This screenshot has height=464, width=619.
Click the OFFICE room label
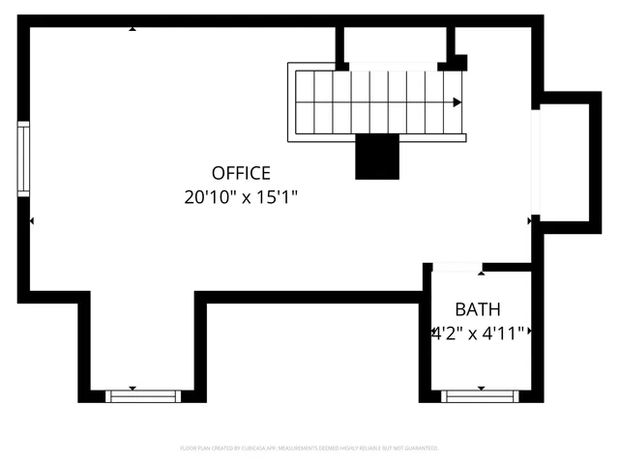(241, 174)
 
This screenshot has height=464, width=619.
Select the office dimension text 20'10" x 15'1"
(241, 197)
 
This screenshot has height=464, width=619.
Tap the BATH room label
(478, 310)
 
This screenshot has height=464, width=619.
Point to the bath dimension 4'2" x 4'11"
(478, 333)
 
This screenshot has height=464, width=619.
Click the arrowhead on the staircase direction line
(457, 101)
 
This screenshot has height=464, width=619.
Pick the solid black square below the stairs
(377, 157)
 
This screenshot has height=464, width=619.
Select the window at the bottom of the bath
(479, 395)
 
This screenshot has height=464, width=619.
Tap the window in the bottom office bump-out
(142, 395)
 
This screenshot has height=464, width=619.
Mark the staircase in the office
(377, 101)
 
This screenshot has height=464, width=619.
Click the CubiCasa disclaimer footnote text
(309, 449)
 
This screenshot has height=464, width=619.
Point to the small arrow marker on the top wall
(133, 29)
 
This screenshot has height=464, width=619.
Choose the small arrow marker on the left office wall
(31, 221)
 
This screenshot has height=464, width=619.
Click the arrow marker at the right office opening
(530, 221)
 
